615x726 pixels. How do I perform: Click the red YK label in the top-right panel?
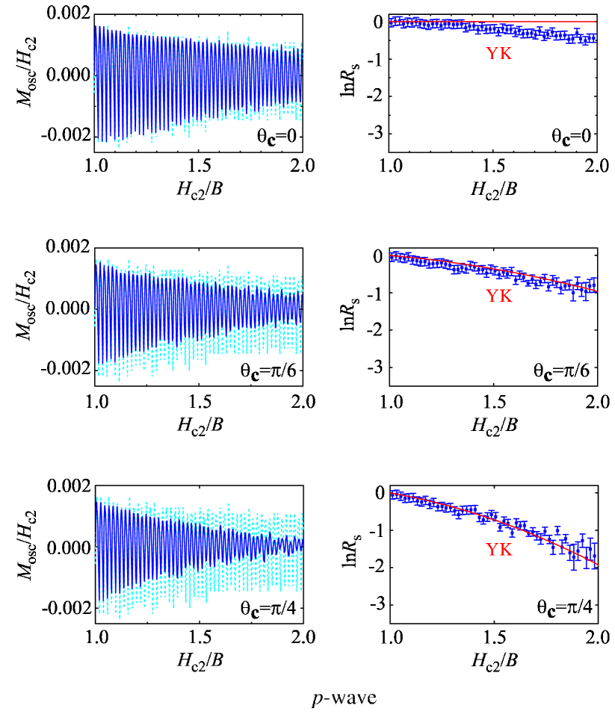498,54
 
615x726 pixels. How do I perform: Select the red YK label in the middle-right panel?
498,296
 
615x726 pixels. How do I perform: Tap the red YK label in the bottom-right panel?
498,550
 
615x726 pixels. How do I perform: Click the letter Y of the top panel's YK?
492,54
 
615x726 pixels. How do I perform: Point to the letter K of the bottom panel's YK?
506,550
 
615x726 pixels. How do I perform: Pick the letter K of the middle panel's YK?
506,296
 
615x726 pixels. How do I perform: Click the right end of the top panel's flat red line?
596,22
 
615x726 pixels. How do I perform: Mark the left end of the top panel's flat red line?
390,22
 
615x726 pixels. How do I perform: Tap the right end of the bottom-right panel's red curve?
597,564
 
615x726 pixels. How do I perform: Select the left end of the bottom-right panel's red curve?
390,494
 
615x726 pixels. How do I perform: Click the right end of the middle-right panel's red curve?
597,291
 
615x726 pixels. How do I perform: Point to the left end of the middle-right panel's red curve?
390,255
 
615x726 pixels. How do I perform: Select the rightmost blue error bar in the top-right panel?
593,37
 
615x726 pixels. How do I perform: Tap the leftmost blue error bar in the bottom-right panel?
392,494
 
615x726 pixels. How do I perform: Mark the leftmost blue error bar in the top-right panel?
392,22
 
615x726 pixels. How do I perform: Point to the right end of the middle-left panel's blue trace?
301,306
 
